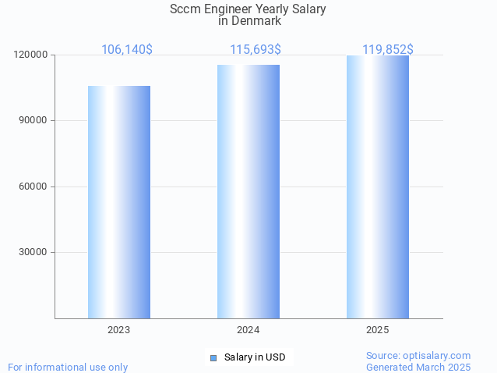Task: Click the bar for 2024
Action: (x=248, y=191)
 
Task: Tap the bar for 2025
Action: (x=378, y=186)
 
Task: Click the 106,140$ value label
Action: (x=127, y=50)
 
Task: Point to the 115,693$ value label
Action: (x=256, y=50)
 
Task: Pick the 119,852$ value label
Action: (x=388, y=50)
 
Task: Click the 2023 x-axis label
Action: (x=119, y=330)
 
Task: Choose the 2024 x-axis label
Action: (x=248, y=330)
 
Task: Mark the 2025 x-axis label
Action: (x=378, y=330)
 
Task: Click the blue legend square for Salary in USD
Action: (x=213, y=357)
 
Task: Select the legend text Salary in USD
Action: (x=255, y=357)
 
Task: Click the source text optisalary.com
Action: (x=437, y=355)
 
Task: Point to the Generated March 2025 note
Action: (x=418, y=367)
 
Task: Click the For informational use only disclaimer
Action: (x=68, y=367)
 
